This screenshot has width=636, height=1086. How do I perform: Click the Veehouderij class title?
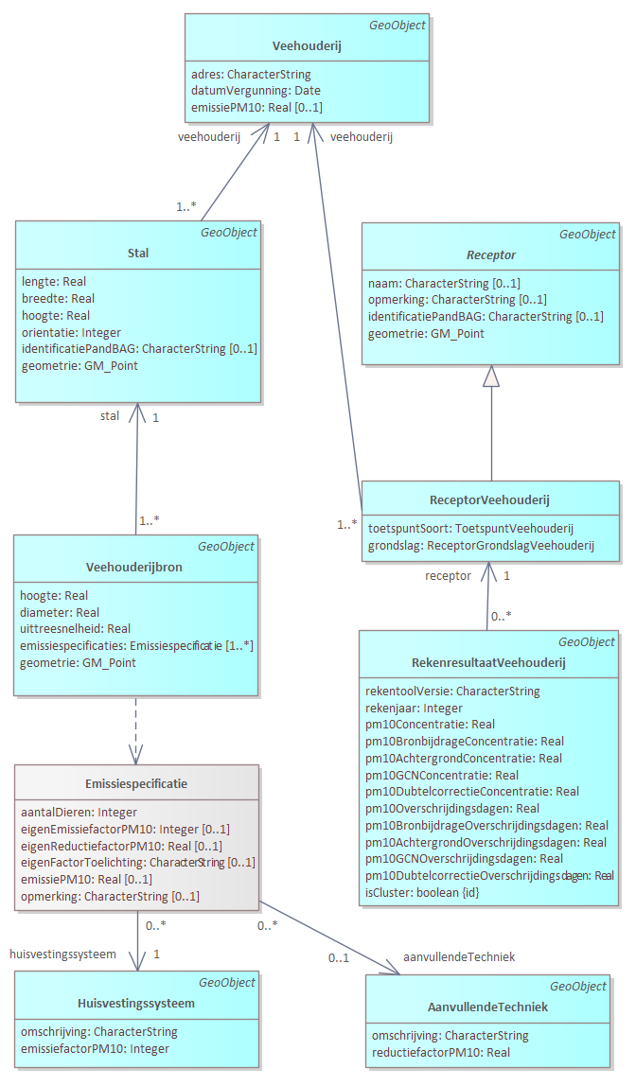tap(307, 45)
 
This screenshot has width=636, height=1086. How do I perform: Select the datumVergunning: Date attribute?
tap(256, 91)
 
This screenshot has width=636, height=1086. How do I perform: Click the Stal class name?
tap(137, 253)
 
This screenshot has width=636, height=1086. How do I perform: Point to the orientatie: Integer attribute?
tap(71, 332)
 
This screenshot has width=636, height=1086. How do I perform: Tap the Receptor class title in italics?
tap(490, 255)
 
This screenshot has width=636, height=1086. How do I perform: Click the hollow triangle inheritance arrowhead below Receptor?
tap(490, 377)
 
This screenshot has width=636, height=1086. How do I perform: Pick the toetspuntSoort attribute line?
tap(470, 528)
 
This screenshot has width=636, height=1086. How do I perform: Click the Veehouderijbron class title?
tap(134, 568)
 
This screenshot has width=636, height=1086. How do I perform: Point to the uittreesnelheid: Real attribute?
tap(75, 628)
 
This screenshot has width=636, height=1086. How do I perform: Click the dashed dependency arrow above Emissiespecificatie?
tap(136, 728)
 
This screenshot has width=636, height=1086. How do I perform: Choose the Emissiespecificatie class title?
tap(136, 783)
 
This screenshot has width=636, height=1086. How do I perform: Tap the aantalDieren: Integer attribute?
tap(79, 812)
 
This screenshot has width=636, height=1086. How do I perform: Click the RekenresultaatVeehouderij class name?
tap(488, 662)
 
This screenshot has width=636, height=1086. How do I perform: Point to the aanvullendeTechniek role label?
tap(459, 956)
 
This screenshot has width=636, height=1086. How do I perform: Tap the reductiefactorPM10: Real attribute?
tap(441, 1052)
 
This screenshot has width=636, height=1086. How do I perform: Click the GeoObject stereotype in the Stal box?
tap(229, 232)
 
